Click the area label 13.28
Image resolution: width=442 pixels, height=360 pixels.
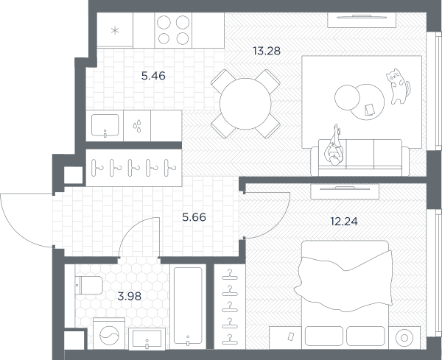tap(267, 51)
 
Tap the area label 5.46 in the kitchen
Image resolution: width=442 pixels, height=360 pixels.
tap(153, 76)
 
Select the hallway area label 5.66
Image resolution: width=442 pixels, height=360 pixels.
tap(194, 217)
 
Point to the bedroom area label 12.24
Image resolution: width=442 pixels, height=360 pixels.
tap(344, 222)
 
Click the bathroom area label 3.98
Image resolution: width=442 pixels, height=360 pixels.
tap(130, 296)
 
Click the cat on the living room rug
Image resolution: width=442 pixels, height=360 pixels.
tap(398, 86)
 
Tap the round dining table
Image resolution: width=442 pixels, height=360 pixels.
tap(245, 104)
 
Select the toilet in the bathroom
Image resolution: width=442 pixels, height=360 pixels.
tap(89, 285)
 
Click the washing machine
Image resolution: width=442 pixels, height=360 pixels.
tap(109, 333)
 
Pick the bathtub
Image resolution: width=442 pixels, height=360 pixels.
tap(188, 306)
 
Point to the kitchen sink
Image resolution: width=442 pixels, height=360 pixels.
tap(105, 125)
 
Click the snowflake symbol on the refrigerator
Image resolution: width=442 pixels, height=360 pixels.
tap(115, 30)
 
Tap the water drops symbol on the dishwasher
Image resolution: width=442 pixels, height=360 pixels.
tap(137, 126)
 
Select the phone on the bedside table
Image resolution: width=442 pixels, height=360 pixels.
tap(291, 336)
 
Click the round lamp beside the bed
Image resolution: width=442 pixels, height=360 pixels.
tap(404, 338)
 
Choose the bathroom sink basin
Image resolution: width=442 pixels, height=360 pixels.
tap(147, 338)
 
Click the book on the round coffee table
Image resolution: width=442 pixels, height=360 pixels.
tap(370, 110)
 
